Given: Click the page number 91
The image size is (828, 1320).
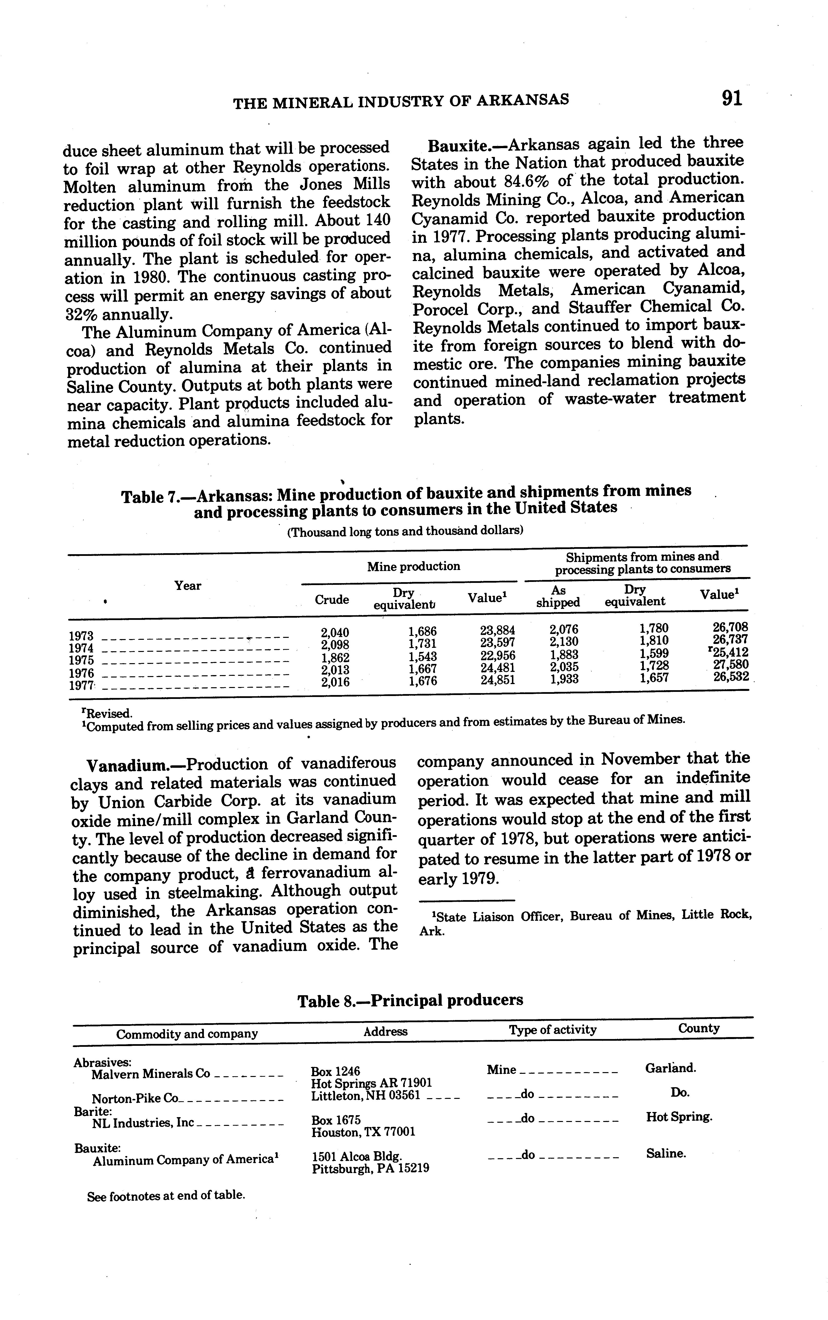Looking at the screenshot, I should pos(732,99).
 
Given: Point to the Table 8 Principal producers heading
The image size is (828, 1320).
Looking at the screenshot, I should pos(410,1000).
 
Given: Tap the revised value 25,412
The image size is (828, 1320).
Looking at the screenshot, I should pos(728,653).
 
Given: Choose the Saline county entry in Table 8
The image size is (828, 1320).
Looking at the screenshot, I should pos(666,1154).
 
